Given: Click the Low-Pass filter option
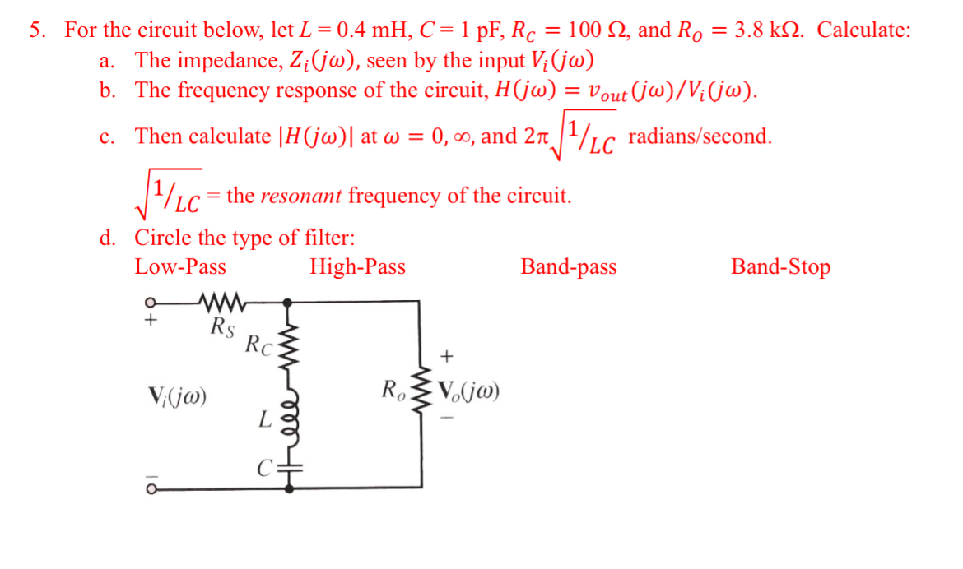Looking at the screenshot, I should (180, 267).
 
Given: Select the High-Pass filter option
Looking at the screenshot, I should (357, 267).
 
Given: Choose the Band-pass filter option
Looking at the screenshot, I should (568, 267).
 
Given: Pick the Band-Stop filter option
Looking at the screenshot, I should (780, 267).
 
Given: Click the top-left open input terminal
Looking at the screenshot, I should (150, 303).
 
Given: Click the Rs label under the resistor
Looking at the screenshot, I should (222, 326).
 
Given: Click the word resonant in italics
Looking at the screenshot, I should (302, 197).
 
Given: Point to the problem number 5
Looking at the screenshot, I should (36, 31).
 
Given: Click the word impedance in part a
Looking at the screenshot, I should (212, 61).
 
